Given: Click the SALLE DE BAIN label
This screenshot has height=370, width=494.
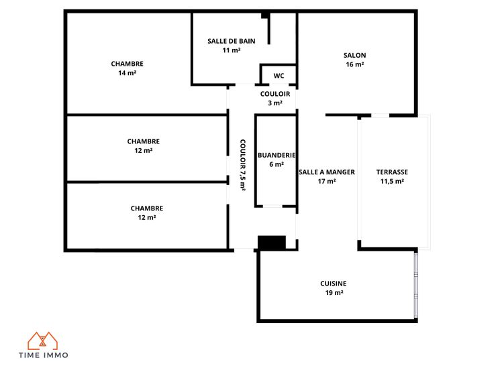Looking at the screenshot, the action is (232, 41).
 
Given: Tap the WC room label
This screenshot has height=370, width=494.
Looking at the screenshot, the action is (279, 76).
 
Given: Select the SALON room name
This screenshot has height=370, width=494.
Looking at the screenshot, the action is (355, 55).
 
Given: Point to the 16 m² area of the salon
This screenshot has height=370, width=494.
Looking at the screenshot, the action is (355, 64).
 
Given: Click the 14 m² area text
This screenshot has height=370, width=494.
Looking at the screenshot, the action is (128, 72).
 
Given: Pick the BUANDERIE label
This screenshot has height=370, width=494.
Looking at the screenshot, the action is (277, 155).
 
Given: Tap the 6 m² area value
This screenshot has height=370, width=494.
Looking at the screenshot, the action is (277, 164).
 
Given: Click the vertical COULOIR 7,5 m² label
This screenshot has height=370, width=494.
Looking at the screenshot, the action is (242, 165).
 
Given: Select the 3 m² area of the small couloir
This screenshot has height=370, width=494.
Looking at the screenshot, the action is (275, 103).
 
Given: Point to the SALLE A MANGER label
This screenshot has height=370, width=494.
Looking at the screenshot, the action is (327, 172).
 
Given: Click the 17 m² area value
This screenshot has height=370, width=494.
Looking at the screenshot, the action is (327, 181).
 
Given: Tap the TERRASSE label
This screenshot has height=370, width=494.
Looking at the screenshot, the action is (392, 172).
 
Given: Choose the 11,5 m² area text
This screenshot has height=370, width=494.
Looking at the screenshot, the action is (392, 181).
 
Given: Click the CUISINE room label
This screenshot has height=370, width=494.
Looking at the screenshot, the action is (334, 284).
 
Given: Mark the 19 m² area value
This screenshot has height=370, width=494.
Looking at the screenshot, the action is (334, 293).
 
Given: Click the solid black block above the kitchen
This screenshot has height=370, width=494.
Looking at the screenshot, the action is (272, 243).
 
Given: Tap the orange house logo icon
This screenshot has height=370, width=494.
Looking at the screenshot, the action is (42, 341).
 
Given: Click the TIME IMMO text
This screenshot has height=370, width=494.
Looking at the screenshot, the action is (44, 355).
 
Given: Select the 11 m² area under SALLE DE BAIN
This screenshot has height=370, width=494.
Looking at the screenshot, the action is (232, 50).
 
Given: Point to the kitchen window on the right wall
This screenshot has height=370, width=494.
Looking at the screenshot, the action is (416, 285).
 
